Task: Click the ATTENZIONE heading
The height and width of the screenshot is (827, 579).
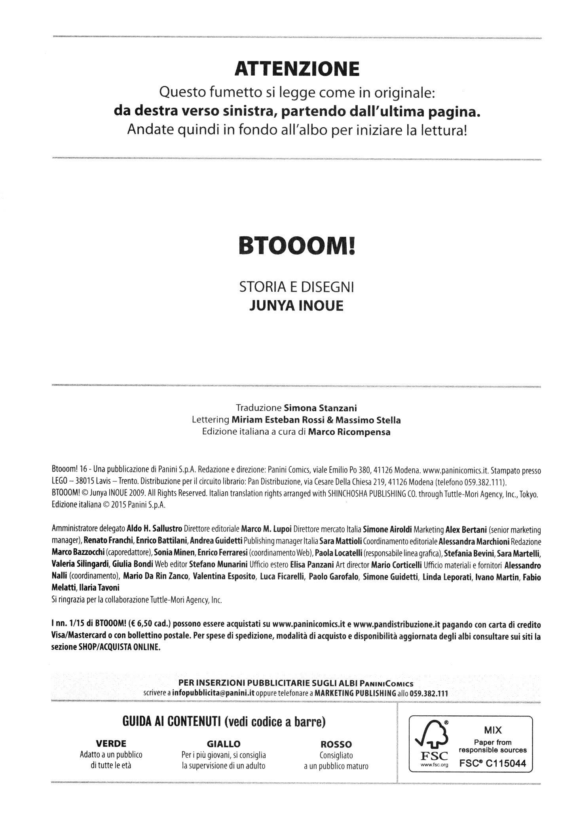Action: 297,69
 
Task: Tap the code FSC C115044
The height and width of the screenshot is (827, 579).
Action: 493,764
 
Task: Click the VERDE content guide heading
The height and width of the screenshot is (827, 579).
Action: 111,743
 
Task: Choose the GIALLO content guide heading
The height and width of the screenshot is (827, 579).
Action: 224,743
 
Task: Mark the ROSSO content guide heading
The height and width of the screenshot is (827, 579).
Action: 336,744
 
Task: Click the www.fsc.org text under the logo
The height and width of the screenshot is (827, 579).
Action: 434,765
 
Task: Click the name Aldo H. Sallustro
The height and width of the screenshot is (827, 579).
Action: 154,529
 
